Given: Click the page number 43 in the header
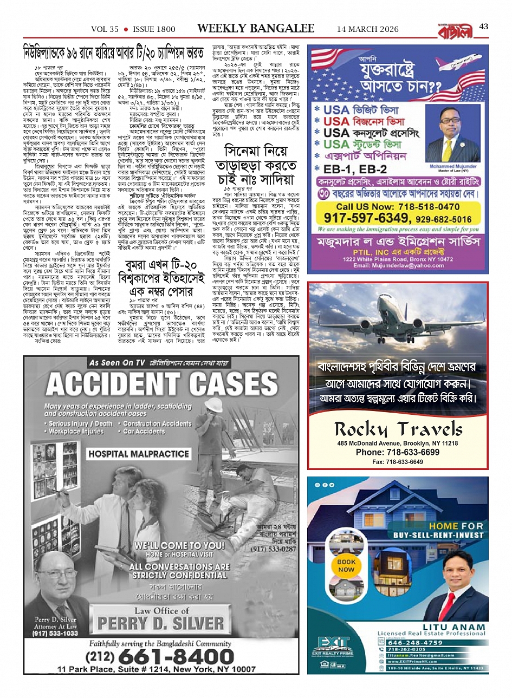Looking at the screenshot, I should (483, 27).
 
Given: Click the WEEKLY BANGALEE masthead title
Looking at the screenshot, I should (256, 28).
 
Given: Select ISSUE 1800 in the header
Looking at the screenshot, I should (154, 29).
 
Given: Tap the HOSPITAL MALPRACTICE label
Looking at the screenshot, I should (139, 453).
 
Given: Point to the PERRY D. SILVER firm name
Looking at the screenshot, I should (161, 623).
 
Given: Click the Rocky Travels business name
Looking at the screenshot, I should (398, 429).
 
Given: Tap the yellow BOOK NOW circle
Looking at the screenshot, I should (346, 565).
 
